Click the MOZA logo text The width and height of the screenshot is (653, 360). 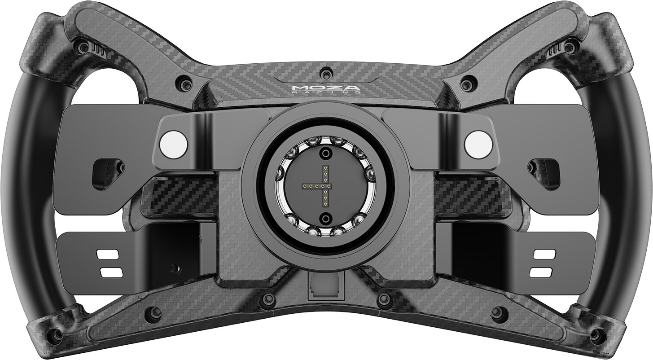[x=326, y=88]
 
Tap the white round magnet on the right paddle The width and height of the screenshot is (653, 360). [x=478, y=144]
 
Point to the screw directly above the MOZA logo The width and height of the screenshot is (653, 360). [x=325, y=73]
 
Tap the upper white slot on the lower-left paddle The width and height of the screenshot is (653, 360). [x=108, y=255]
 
